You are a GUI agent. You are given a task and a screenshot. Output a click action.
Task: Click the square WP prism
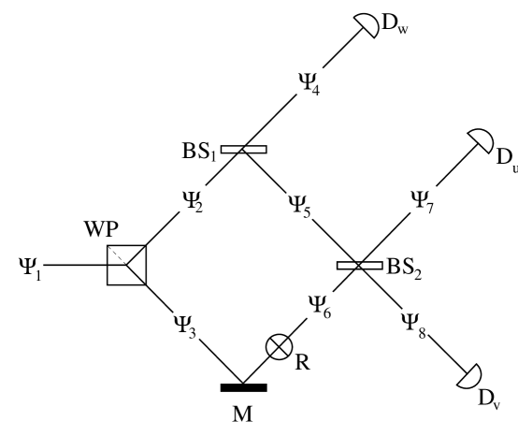tap(125, 265)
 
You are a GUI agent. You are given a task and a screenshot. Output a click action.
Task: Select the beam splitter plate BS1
tap(243, 148)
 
